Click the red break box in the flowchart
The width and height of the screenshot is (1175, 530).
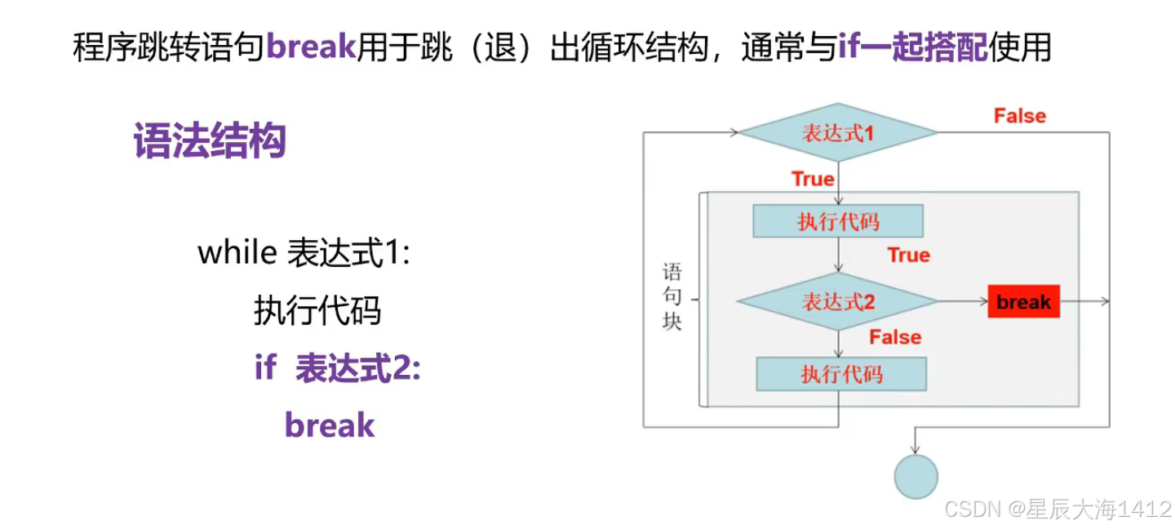tap(1023, 302)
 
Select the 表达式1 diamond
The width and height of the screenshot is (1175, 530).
tap(837, 132)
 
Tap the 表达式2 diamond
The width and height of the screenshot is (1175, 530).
tap(837, 302)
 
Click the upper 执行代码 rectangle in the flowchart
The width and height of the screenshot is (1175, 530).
tap(838, 221)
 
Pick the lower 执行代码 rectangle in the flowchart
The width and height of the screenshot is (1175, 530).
tap(841, 374)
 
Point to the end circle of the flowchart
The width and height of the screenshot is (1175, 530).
tap(916, 476)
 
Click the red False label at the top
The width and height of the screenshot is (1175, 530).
tap(1019, 116)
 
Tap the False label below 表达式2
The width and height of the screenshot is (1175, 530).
tap(894, 336)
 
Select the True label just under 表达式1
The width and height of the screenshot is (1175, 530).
tap(813, 179)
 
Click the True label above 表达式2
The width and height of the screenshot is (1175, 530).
tap(908, 255)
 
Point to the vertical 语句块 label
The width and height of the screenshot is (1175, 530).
tap(672, 296)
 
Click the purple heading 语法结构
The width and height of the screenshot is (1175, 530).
tap(209, 141)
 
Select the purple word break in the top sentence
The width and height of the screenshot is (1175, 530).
tap(311, 48)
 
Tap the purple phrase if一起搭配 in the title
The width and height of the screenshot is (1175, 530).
tap(912, 48)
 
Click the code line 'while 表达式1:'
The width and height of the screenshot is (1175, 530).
tap(304, 253)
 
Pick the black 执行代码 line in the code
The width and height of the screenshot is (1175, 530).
tap(317, 310)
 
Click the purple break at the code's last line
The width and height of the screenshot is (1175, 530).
tap(330, 425)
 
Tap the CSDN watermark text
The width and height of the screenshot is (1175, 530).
tap(1057, 509)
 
